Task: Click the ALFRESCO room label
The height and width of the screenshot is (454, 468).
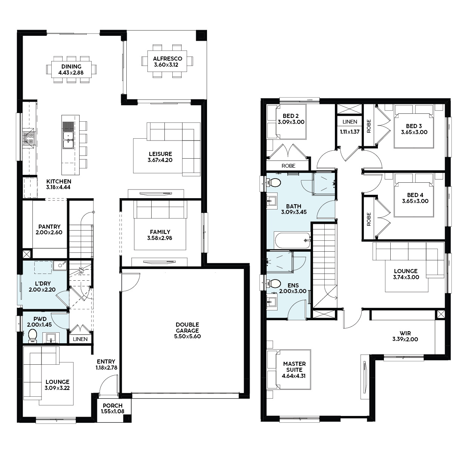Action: pyautogui.click(x=167, y=59)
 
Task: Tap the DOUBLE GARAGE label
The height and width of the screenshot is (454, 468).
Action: pyautogui.click(x=187, y=328)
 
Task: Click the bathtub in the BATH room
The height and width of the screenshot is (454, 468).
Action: pyautogui.click(x=292, y=240)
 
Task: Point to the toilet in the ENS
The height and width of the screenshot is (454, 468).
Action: pyautogui.click(x=274, y=283)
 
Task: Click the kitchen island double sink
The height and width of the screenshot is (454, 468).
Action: pyautogui.click(x=68, y=140)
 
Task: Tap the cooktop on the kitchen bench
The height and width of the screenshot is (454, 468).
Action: pyautogui.click(x=28, y=138)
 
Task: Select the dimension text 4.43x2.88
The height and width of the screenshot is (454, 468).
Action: pyautogui.click(x=71, y=73)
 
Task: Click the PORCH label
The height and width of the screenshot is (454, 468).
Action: pyautogui.click(x=112, y=405)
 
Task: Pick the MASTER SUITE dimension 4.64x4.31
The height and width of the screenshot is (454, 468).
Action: pyautogui.click(x=294, y=376)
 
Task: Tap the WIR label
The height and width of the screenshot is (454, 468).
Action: pyautogui.click(x=405, y=333)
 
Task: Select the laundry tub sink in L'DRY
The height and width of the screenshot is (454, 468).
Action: pyautogui.click(x=60, y=266)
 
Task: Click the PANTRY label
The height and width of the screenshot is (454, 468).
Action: pyautogui.click(x=49, y=226)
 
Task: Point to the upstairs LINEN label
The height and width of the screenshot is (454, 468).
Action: pyautogui.click(x=350, y=122)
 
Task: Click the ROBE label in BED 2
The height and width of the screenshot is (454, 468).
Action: pyautogui.click(x=288, y=166)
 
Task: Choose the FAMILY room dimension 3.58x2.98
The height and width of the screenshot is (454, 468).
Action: pyautogui.click(x=160, y=238)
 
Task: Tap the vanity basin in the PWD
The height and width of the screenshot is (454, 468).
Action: pyautogui.click(x=51, y=338)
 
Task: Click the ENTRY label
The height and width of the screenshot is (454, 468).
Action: pyautogui.click(x=106, y=362)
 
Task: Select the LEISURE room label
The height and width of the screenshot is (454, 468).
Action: pyautogui.click(x=160, y=154)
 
